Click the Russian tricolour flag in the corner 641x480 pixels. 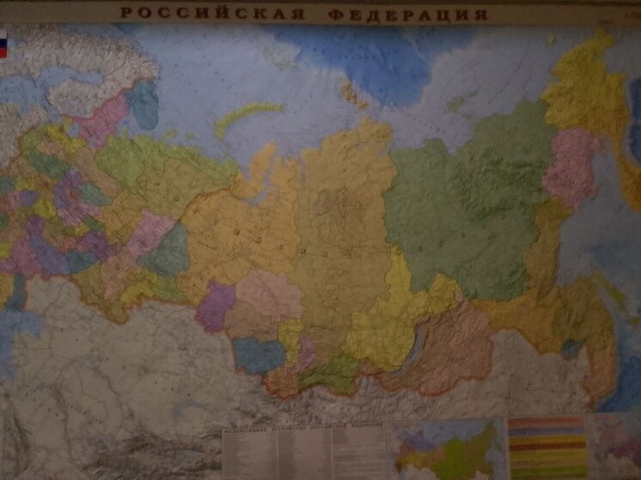tap(3, 45)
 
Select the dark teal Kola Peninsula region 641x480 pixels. tap(143, 103)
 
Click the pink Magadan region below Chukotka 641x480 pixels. tap(569, 167)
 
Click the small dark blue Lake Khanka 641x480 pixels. tap(570, 348)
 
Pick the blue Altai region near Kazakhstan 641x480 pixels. tap(259, 353)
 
